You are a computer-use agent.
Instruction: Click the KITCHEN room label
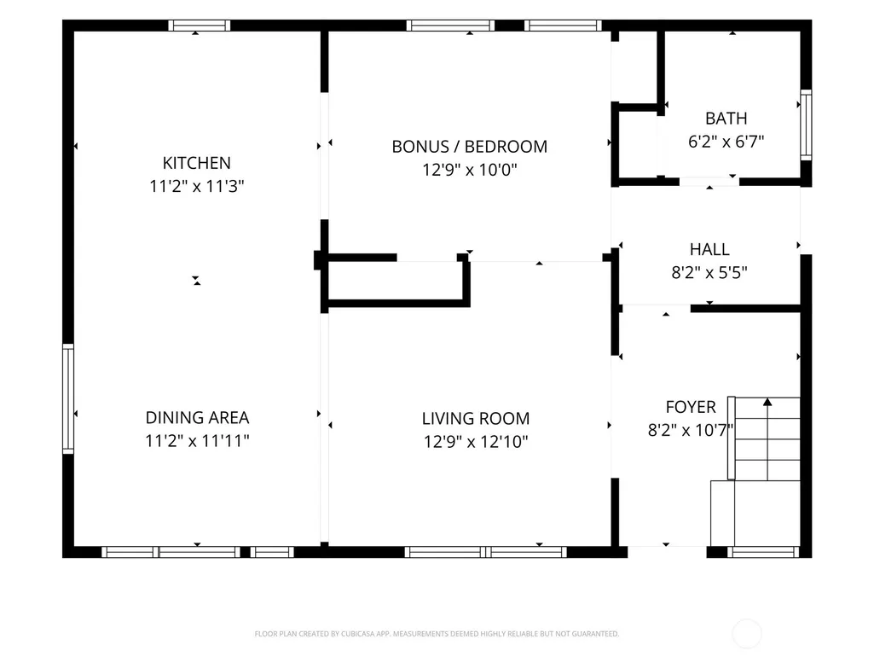pos(196,163)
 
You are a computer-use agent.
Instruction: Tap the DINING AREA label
pos(197,417)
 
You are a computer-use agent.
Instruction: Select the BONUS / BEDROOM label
pos(469,146)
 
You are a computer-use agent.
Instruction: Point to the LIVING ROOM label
pos(476,418)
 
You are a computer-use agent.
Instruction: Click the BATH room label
pos(726,119)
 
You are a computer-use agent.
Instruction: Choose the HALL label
pos(709,249)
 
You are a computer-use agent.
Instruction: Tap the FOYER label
pos(691,407)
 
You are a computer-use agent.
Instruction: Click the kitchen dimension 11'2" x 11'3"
pos(197,186)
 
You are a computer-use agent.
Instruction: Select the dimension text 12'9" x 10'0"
pos(469,169)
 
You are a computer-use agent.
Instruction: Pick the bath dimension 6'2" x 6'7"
pos(726,142)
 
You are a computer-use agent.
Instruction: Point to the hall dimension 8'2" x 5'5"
pos(709,272)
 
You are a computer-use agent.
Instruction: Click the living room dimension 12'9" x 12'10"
pos(476,442)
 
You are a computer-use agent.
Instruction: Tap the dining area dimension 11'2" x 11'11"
pos(197,441)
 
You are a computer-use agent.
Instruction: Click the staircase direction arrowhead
pos(767,402)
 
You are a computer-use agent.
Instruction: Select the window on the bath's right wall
pos(806,125)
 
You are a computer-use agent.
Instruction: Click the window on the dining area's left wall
pos(68,398)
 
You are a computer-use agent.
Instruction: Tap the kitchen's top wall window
pos(200,25)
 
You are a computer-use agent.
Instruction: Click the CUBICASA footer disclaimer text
pos(437,634)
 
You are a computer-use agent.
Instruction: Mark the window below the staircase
pos(763,552)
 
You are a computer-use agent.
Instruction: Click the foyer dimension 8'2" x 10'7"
pos(691,430)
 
